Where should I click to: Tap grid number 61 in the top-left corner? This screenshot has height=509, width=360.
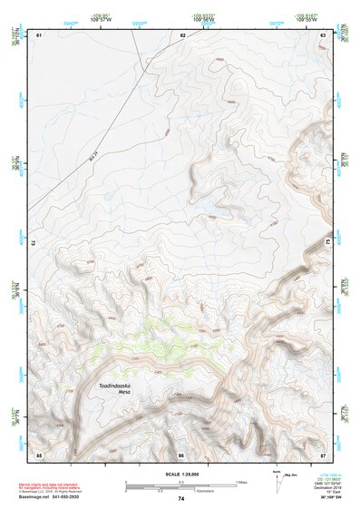click(39, 34)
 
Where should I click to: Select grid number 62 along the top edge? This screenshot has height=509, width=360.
click(182, 34)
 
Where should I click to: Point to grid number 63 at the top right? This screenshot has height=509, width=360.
click(323, 34)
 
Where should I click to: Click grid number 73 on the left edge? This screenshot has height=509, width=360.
click(34, 243)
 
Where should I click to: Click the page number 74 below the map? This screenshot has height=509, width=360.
click(181, 499)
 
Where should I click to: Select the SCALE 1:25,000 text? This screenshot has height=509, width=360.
click(180, 473)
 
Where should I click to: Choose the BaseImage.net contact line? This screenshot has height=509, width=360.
click(67, 494)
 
